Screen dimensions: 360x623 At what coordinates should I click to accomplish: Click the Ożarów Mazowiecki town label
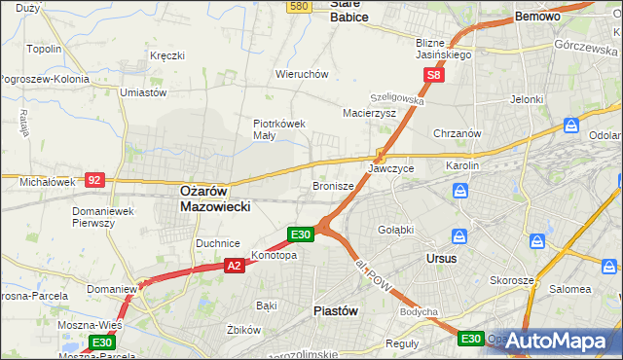216,199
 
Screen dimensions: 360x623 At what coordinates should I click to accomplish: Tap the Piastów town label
336,310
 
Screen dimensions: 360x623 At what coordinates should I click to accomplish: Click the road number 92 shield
94,180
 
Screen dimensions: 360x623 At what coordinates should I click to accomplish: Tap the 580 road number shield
300,6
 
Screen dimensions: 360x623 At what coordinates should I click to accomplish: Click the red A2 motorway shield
234,264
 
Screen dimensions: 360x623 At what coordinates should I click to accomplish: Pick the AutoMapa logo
556,341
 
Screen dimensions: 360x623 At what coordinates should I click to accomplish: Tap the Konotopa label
275,256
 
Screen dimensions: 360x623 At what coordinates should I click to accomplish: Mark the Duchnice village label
218,242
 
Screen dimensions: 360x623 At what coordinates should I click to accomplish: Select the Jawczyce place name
390,168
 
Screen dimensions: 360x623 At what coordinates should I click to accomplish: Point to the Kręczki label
167,55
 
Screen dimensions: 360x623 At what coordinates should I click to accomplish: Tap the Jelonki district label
526,99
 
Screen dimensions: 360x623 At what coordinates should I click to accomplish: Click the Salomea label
570,289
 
